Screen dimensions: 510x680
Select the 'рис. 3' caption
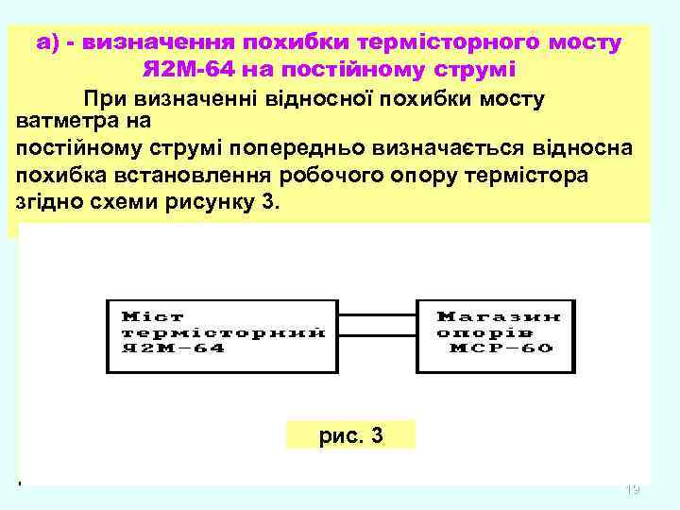[x=350, y=435]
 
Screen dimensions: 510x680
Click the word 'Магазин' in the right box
[x=499, y=316]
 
